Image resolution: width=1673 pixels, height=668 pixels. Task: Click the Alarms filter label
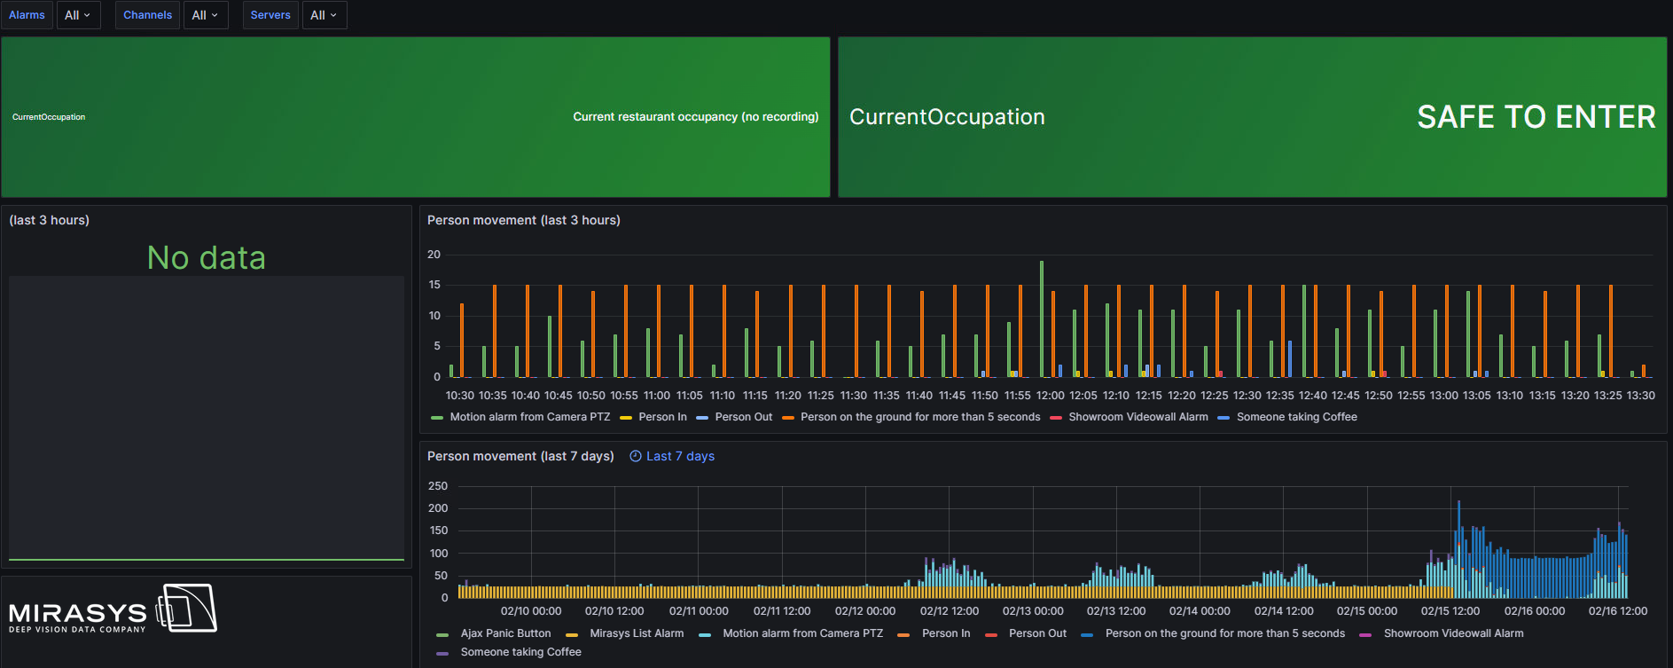coord(27,15)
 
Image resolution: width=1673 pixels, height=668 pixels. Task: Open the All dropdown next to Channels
coord(205,15)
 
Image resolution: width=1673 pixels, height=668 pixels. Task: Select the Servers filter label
coord(270,15)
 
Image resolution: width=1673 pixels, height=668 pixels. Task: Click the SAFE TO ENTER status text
coord(1536,117)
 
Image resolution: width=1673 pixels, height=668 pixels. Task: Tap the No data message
coord(207,258)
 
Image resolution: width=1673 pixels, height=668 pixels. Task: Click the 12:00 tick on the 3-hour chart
coord(1050,396)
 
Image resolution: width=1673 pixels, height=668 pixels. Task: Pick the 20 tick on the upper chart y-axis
coord(434,255)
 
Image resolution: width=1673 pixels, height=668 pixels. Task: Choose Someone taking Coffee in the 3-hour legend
coord(1296,417)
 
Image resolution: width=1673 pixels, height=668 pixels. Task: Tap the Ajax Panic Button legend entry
coord(505,633)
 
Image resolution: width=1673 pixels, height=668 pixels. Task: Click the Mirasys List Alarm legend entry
coord(636,633)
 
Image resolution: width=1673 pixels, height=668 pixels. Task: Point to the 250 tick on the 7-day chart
coord(438,486)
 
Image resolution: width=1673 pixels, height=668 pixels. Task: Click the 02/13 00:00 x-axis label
coord(1033,611)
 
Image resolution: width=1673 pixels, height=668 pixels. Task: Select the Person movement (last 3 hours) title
coord(523,220)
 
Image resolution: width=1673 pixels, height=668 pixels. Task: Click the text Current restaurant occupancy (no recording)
coord(695,117)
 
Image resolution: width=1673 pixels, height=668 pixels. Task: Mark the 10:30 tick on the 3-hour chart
coord(459,396)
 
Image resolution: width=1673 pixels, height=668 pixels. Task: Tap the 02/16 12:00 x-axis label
coord(1617,611)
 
